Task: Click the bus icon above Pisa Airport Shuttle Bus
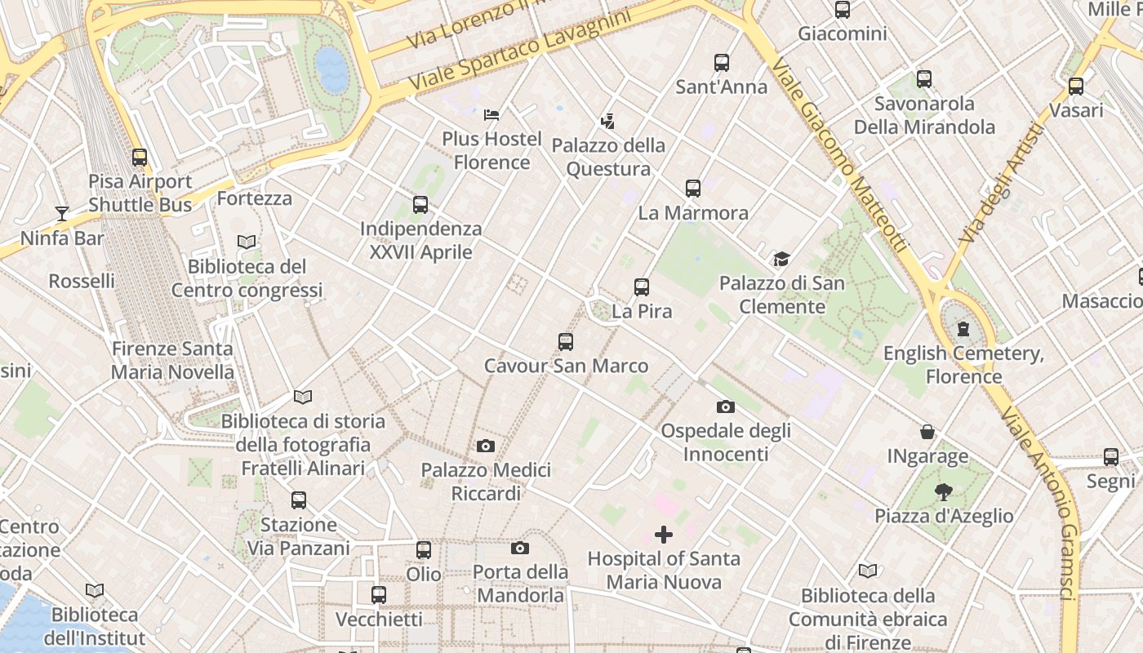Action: pyautogui.click(x=140, y=158)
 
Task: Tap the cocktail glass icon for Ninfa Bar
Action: pyautogui.click(x=62, y=214)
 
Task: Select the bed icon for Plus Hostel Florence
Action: pyautogui.click(x=491, y=115)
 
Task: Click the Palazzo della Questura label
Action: pyautogui.click(x=608, y=158)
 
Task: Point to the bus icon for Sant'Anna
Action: pyautogui.click(x=721, y=63)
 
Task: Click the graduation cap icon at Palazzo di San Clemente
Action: pyautogui.click(x=781, y=260)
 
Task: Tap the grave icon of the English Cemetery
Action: pyautogui.click(x=963, y=330)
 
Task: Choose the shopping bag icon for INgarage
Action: pyautogui.click(x=927, y=432)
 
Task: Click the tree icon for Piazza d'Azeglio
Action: pyautogui.click(x=944, y=492)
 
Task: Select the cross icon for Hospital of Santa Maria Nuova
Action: pyautogui.click(x=664, y=535)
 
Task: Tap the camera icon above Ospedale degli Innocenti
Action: pyautogui.click(x=725, y=406)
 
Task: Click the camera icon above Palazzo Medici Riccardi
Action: pyautogui.click(x=486, y=446)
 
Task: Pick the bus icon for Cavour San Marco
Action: pyautogui.click(x=565, y=342)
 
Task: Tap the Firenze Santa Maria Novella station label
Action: pyautogui.click(x=172, y=361)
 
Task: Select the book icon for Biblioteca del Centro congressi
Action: pyautogui.click(x=247, y=242)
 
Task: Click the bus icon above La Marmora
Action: pyautogui.click(x=692, y=189)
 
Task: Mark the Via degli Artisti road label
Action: pyautogui.click(x=1000, y=184)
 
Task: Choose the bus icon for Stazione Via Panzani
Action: pyautogui.click(x=299, y=500)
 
